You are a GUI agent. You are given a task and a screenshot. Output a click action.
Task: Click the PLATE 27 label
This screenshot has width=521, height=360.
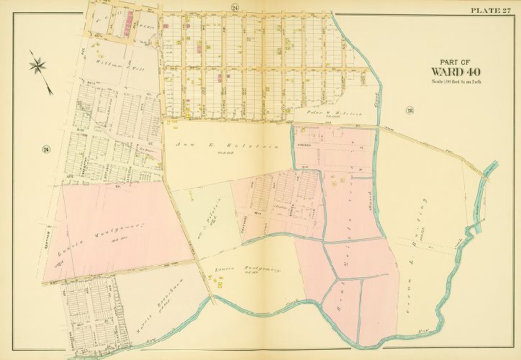click(x=493, y=9)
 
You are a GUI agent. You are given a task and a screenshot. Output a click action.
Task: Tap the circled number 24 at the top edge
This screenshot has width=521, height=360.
click(x=235, y=8)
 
